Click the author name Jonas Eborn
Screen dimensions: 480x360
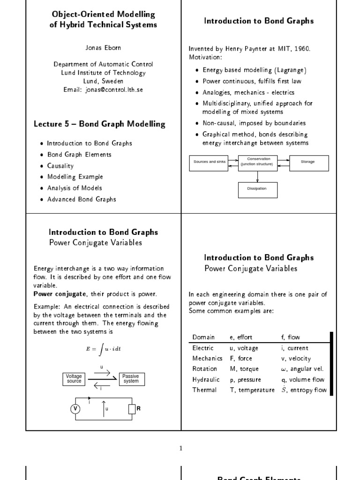(x=103, y=48)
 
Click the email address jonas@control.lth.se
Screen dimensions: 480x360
(x=103, y=90)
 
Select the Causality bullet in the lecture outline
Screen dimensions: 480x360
(x=60, y=165)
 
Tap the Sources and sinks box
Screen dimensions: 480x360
(x=209, y=162)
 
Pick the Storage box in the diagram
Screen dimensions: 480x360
(x=307, y=162)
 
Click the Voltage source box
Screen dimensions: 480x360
(x=74, y=379)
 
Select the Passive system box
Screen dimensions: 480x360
(x=131, y=379)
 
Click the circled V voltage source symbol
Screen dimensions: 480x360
(x=75, y=409)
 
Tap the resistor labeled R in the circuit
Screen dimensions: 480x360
(x=132, y=409)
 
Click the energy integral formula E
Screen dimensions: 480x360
(x=103, y=349)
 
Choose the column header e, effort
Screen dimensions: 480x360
(x=241, y=337)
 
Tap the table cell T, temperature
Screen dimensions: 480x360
(x=252, y=390)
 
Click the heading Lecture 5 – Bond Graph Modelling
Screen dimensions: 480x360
(x=99, y=124)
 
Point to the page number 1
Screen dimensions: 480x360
(x=181, y=448)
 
